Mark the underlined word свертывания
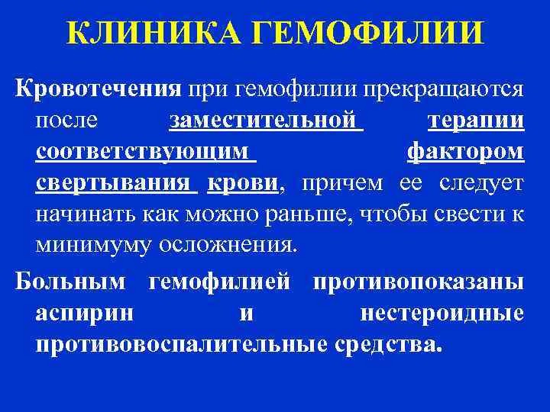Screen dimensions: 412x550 pyautogui.click(x=113, y=184)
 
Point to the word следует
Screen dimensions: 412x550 pyautogui.click(x=482, y=184)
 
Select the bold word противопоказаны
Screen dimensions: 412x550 pyautogui.click(x=418, y=282)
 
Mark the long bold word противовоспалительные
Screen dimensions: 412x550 pyautogui.click(x=183, y=345)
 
